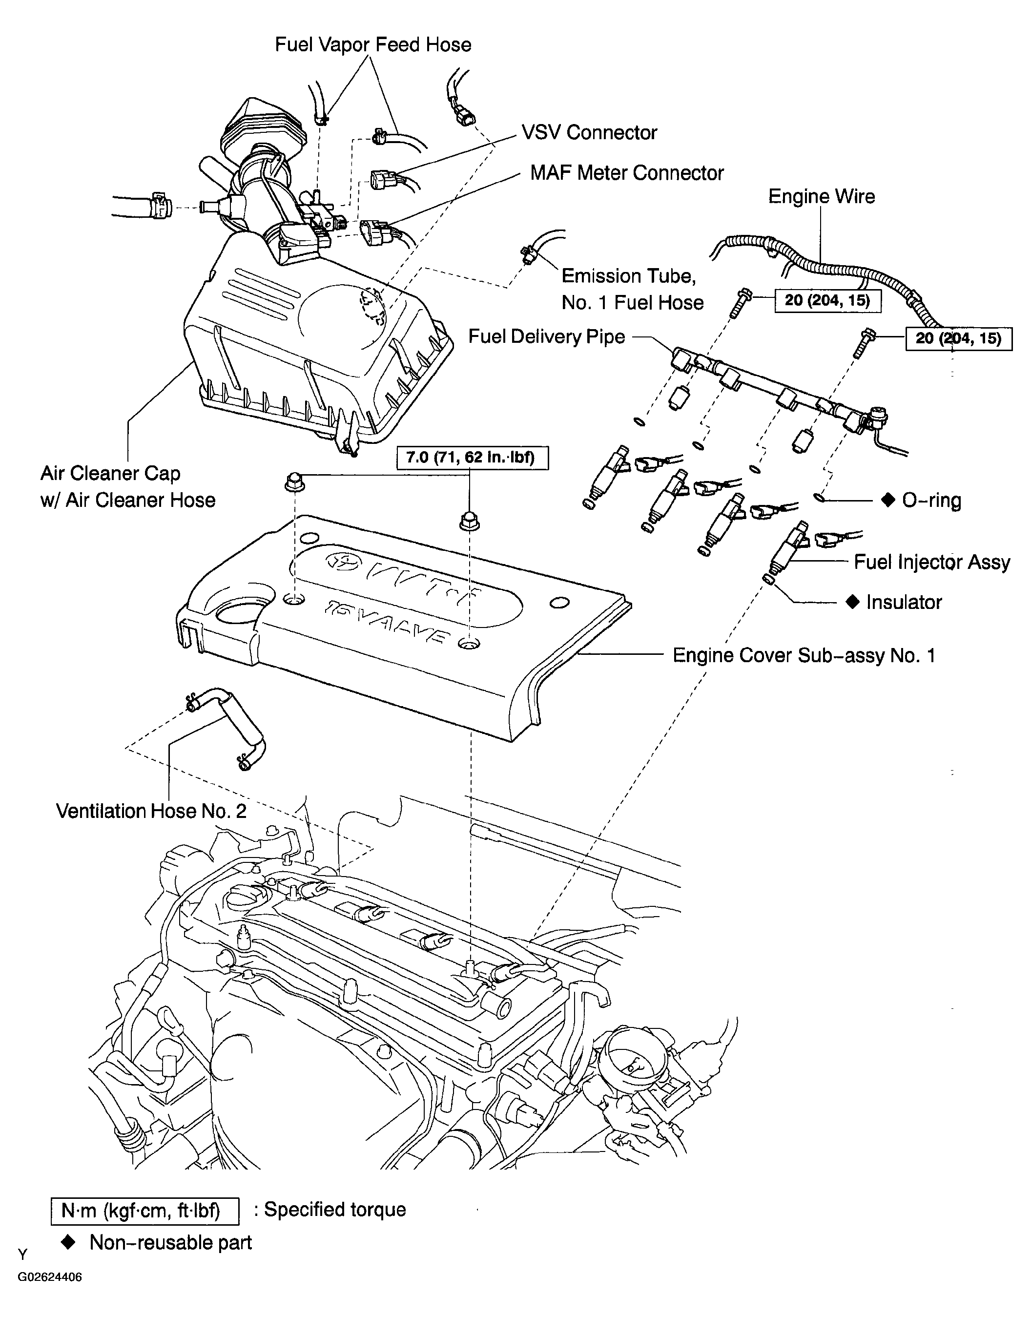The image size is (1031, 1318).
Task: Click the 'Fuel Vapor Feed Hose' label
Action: [x=373, y=44]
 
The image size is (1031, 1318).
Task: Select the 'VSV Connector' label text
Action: [x=589, y=133]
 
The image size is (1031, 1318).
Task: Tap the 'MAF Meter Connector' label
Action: [x=627, y=173]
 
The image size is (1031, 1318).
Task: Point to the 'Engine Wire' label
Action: [x=821, y=197]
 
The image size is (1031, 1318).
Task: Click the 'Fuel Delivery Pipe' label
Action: [x=546, y=337]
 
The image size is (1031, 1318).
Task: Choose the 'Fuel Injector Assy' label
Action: [x=931, y=563]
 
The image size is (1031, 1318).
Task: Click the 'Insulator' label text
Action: [x=904, y=602]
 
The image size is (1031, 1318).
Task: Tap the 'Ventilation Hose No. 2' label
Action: [x=151, y=811]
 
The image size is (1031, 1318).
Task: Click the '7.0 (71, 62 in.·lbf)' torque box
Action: [x=473, y=457]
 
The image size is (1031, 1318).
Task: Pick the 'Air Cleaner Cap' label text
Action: [x=110, y=473]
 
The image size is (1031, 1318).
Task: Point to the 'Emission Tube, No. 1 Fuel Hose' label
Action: [x=633, y=289]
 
